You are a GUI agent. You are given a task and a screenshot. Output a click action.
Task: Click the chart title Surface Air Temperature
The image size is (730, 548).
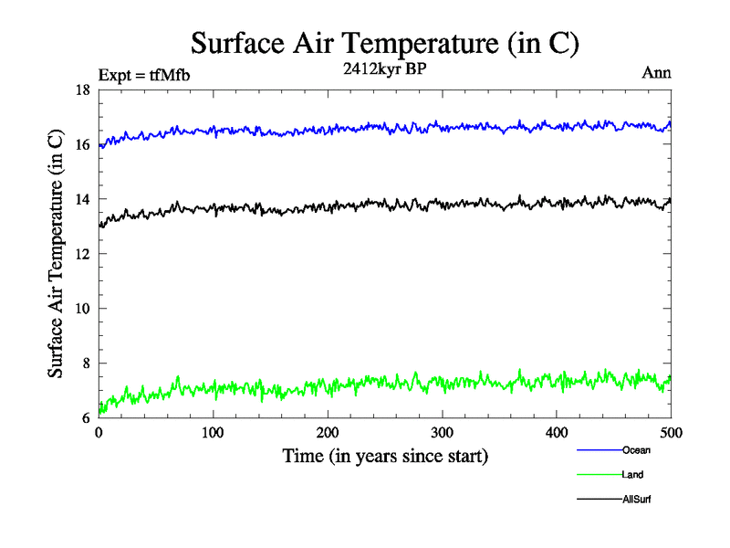tap(384, 43)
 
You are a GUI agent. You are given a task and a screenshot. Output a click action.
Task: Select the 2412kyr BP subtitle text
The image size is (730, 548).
tap(384, 70)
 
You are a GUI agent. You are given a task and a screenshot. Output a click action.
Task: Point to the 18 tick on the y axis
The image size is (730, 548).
tap(82, 90)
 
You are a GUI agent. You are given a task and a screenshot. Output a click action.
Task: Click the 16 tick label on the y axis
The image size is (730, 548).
tap(82, 144)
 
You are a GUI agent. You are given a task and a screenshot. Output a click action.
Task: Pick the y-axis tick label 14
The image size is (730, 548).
tap(82, 199)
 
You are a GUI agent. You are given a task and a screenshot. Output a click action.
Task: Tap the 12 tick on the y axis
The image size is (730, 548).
tap(82, 254)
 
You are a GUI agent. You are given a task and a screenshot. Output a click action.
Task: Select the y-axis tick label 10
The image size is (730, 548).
tap(82, 309)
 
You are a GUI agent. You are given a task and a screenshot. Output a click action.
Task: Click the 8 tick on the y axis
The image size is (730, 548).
tap(85, 364)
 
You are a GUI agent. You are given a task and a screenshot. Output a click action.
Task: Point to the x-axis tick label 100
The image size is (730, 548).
tap(213, 433)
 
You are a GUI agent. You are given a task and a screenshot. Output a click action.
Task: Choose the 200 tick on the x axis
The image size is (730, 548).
tap(328, 433)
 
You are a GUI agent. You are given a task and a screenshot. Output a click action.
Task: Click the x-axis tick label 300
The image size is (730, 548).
tap(442, 433)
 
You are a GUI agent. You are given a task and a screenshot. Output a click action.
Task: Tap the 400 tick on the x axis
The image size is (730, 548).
tap(557, 433)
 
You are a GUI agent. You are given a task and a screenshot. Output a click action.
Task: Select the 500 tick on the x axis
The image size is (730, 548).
tap(671, 433)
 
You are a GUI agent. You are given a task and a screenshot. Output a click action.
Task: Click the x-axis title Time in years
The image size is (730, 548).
tap(384, 456)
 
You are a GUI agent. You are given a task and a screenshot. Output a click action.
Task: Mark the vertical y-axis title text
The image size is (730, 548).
tap(57, 254)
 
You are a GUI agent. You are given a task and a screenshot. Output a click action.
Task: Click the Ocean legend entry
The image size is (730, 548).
tap(636, 449)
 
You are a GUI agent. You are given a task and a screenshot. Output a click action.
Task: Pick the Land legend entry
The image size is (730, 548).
tap(632, 474)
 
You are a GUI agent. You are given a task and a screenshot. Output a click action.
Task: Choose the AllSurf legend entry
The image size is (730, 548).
tap(636, 499)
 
